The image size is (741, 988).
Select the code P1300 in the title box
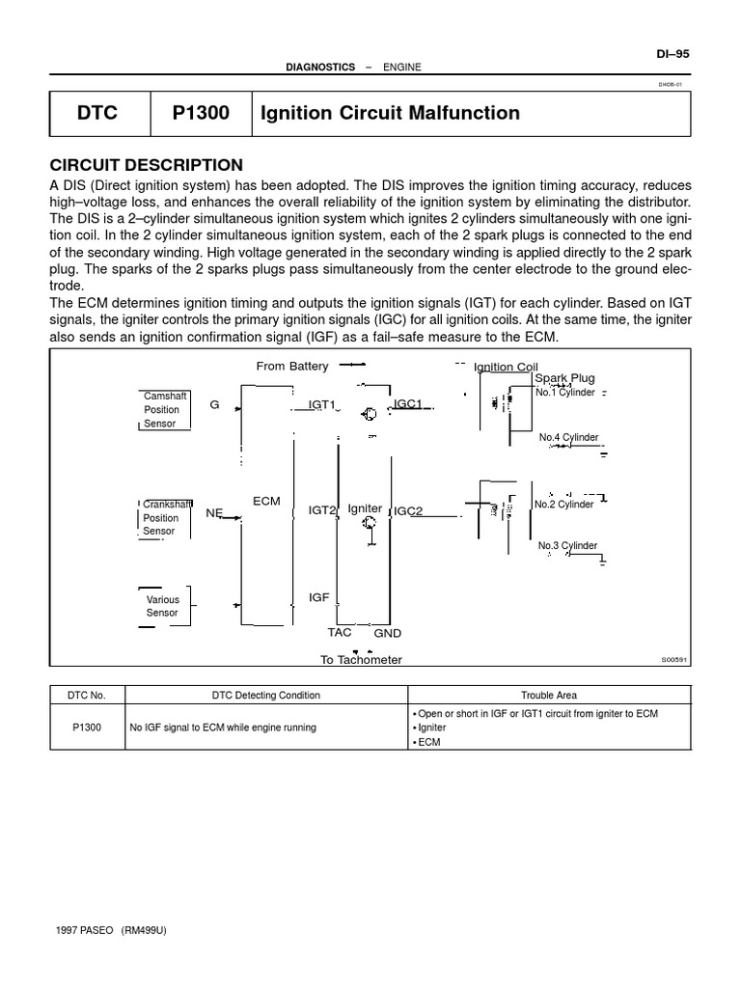click(201, 113)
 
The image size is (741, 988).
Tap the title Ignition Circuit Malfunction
click(390, 113)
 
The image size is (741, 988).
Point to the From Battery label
click(292, 366)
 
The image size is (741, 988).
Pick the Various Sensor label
click(162, 606)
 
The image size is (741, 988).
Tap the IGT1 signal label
click(321, 405)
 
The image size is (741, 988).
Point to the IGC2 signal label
click(408, 511)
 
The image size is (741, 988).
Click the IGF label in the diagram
click(318, 598)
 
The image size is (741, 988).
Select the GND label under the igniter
click(387, 634)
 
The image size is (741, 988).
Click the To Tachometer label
click(361, 660)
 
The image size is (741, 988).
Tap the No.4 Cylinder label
click(568, 437)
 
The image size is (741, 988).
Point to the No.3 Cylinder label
click(567, 546)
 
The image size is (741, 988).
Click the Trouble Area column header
click(550, 695)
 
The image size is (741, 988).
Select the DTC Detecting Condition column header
click(266, 695)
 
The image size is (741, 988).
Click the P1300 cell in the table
click(87, 727)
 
